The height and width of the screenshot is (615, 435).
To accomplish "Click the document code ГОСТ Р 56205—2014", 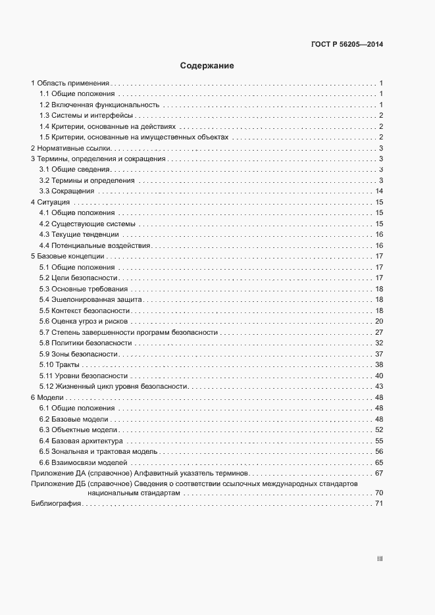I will tap(347, 45).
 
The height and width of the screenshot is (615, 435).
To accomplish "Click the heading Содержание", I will tap(207, 66).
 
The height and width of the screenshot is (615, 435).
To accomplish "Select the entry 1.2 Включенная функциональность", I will tap(99, 105).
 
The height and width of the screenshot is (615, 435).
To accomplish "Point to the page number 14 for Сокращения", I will tap(379, 191).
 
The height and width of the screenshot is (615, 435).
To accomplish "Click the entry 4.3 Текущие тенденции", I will tap(79, 234).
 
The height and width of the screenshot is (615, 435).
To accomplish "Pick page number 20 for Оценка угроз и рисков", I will tap(379, 321).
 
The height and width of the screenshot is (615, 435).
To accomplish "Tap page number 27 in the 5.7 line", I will tap(379, 332).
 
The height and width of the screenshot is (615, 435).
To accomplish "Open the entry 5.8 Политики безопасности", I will tap(86, 343).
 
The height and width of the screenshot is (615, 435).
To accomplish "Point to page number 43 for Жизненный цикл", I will tap(379, 386).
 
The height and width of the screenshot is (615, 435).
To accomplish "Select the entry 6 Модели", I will tap(47, 397).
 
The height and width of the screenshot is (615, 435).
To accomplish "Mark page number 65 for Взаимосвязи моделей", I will tap(379, 462).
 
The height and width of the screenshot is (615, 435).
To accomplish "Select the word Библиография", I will tap(56, 504).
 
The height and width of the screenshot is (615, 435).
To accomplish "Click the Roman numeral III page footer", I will tap(380, 558).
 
